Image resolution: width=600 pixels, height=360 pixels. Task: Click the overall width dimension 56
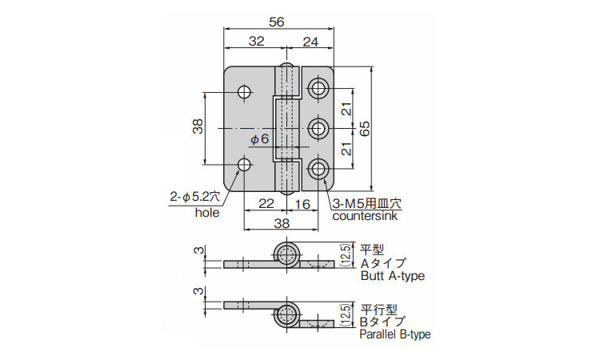(278, 23)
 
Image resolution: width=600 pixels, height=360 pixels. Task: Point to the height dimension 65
(366, 128)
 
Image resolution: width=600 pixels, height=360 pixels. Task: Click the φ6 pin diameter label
(260, 140)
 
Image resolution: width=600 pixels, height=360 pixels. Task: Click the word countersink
(367, 216)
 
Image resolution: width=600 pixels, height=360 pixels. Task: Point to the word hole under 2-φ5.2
(206, 213)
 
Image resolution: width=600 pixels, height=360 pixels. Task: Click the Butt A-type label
(393, 277)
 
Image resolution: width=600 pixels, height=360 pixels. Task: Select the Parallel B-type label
(395, 334)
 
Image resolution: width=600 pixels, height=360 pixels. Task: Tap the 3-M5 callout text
(367, 203)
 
